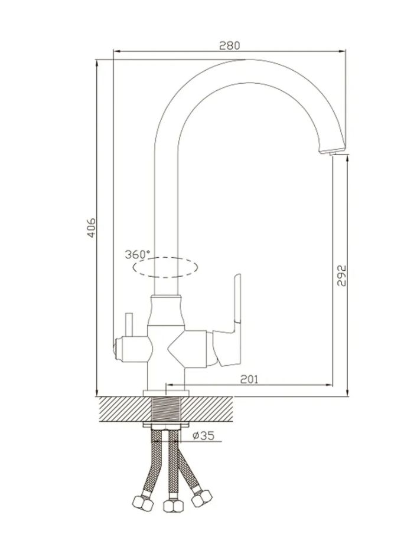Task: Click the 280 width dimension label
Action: tap(230, 45)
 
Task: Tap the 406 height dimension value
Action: tap(91, 227)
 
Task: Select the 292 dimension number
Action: tap(341, 275)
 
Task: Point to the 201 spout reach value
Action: tap(249, 379)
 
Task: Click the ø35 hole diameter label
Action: tap(203, 436)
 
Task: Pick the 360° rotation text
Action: tap(137, 255)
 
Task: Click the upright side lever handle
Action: tap(237, 298)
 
